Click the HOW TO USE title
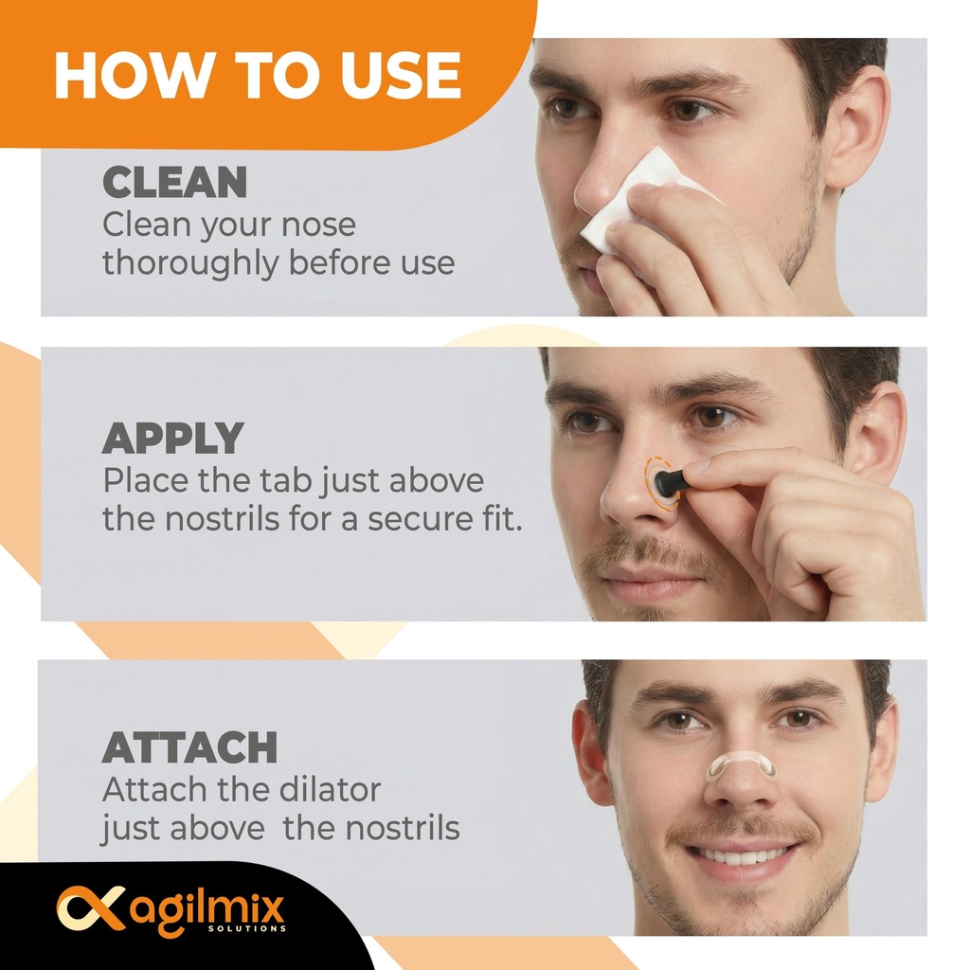pyautogui.click(x=258, y=76)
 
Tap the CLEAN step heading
pyautogui.click(x=174, y=183)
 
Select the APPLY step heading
pyautogui.click(x=172, y=438)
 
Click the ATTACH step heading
pyautogui.click(x=189, y=748)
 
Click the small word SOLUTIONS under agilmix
pyautogui.click(x=245, y=929)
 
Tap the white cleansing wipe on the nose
pyautogui.click(x=625, y=204)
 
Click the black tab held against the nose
pyautogui.click(x=671, y=482)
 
